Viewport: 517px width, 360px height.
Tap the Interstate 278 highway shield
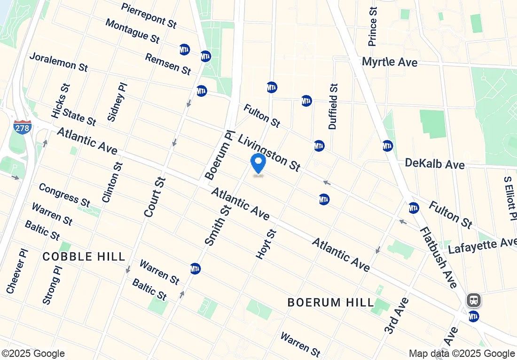[x=22, y=127]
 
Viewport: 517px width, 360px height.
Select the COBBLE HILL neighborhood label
[x=84, y=257]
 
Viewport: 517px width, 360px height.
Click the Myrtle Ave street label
[x=390, y=62]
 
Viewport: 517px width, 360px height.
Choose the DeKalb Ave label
[x=435, y=164]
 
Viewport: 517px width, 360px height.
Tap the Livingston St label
[x=269, y=153]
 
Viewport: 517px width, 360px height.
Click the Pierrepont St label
[x=149, y=15]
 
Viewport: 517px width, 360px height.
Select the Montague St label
[x=132, y=31]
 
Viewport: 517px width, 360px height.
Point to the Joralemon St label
[x=58, y=62]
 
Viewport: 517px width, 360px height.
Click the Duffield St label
[x=333, y=106]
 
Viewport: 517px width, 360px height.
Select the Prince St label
[x=373, y=26]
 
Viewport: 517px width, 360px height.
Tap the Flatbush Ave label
[x=438, y=258]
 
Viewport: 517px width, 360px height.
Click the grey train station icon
[x=473, y=300]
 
